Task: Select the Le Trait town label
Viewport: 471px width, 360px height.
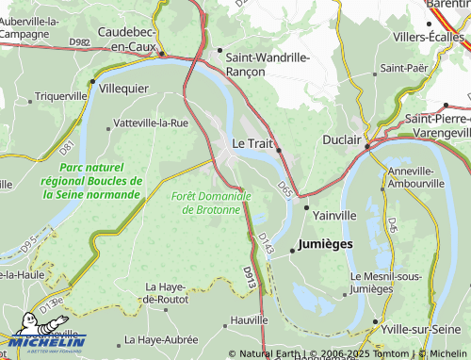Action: [252, 143]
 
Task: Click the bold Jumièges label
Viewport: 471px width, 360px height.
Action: [325, 244]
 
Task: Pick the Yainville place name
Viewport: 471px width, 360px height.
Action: [334, 215]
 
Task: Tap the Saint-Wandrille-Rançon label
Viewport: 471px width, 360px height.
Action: [268, 63]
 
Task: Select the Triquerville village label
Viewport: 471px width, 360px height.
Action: [61, 97]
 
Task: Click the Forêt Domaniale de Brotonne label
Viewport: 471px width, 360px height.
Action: [212, 202]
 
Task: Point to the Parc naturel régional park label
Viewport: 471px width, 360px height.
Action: [92, 180]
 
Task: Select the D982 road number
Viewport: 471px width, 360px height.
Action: [80, 42]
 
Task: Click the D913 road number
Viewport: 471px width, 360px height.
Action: [248, 275]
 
